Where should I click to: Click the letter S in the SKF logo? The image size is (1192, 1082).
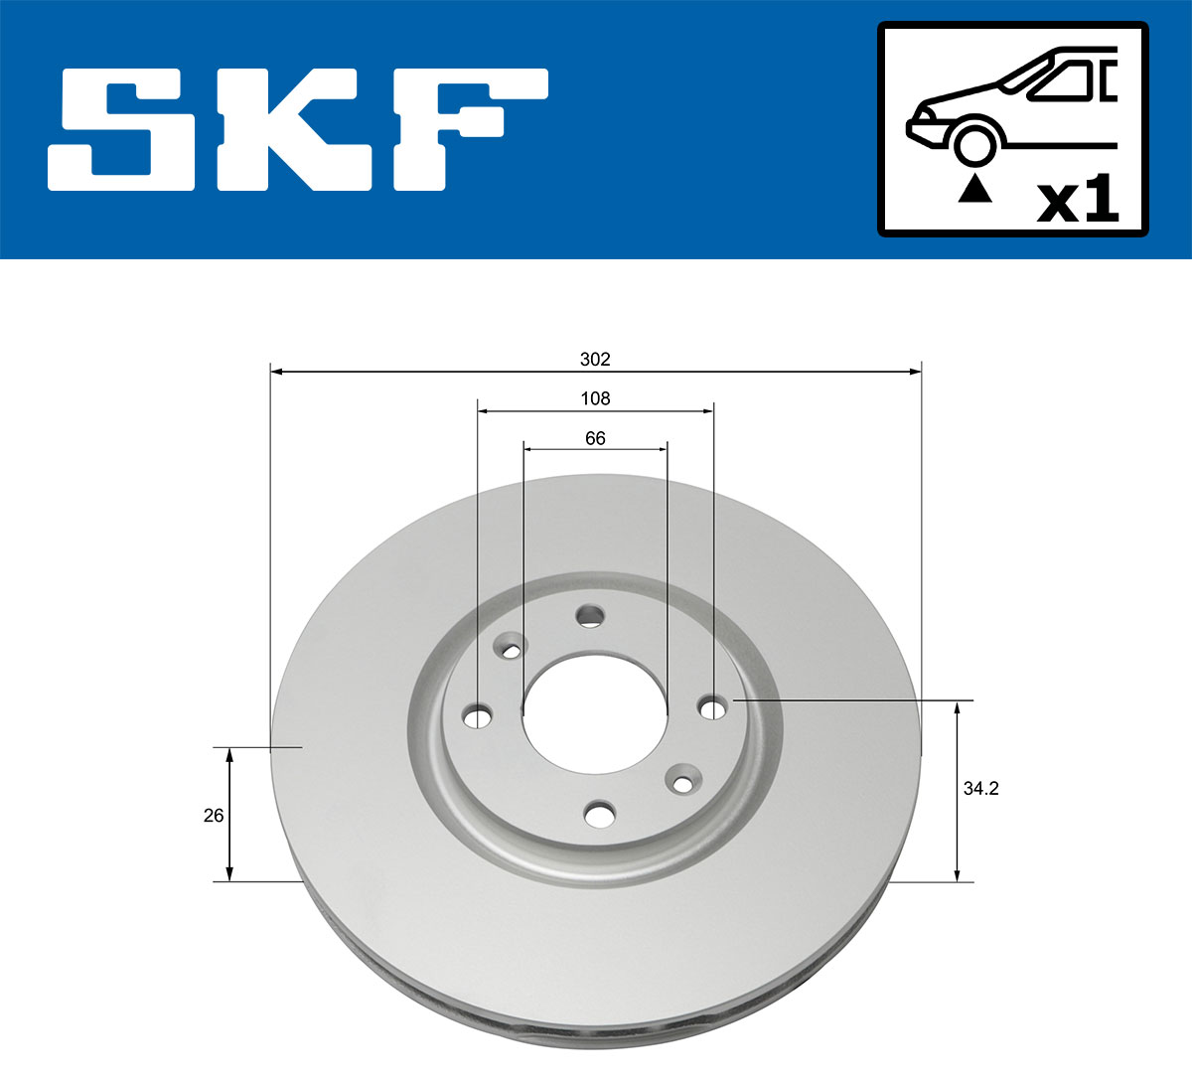tap(135, 129)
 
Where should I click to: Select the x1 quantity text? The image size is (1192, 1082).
tap(1077, 202)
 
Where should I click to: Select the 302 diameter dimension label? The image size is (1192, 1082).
tap(595, 359)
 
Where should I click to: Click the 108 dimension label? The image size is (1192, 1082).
tap(595, 398)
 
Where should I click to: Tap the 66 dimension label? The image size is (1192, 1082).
tap(595, 438)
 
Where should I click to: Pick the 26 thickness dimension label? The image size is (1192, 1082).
tap(213, 816)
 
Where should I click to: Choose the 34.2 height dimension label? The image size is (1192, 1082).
tap(980, 789)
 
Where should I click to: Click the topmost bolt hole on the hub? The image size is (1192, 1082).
tap(590, 616)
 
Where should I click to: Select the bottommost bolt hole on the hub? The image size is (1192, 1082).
tap(599, 815)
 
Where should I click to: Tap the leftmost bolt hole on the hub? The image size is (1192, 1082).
tap(479, 715)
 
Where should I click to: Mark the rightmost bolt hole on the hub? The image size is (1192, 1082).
tap(712, 707)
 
